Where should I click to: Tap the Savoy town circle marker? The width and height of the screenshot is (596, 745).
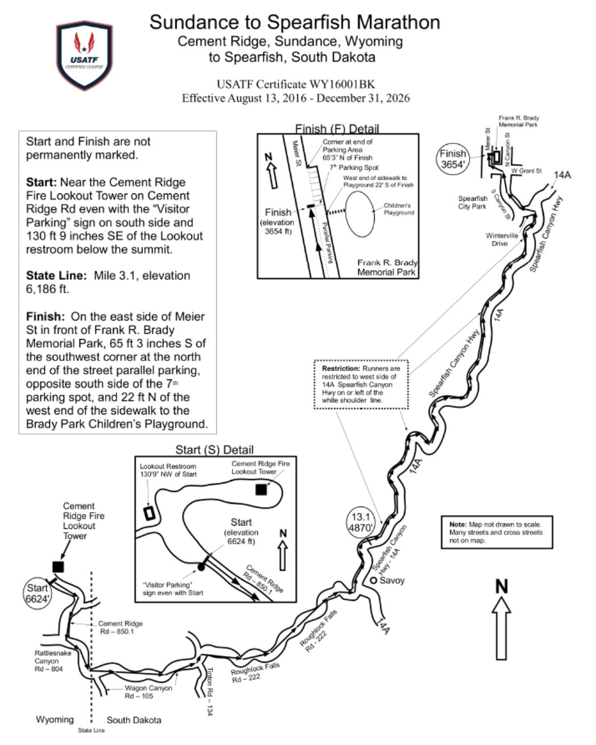(374, 581)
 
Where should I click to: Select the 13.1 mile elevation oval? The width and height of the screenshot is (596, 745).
(361, 521)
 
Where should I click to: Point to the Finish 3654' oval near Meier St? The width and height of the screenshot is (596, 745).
(454, 158)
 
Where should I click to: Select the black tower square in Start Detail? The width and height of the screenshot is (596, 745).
(261, 490)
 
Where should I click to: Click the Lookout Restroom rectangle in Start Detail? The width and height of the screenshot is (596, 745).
(149, 512)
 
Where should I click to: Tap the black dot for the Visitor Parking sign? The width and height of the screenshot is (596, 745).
(201, 566)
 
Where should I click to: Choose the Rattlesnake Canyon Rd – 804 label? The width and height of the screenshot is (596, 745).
(53, 661)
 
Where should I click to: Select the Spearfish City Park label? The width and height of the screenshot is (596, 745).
(472, 203)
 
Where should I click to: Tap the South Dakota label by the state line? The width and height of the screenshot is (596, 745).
(134, 720)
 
